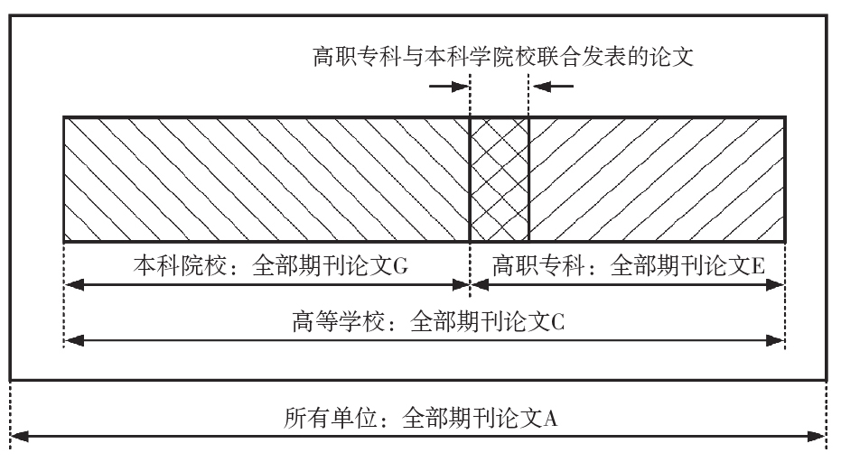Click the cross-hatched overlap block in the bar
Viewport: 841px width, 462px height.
point(499,179)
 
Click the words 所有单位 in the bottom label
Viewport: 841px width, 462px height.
point(323,419)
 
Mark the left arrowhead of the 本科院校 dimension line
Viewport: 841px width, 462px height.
point(73,285)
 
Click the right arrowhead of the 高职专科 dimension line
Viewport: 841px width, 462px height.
point(776,285)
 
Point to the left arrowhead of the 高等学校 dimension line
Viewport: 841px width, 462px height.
point(73,340)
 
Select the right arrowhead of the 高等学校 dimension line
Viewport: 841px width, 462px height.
point(776,340)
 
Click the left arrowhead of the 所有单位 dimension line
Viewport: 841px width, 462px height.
point(18,439)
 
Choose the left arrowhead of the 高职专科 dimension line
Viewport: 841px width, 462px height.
point(480,285)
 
